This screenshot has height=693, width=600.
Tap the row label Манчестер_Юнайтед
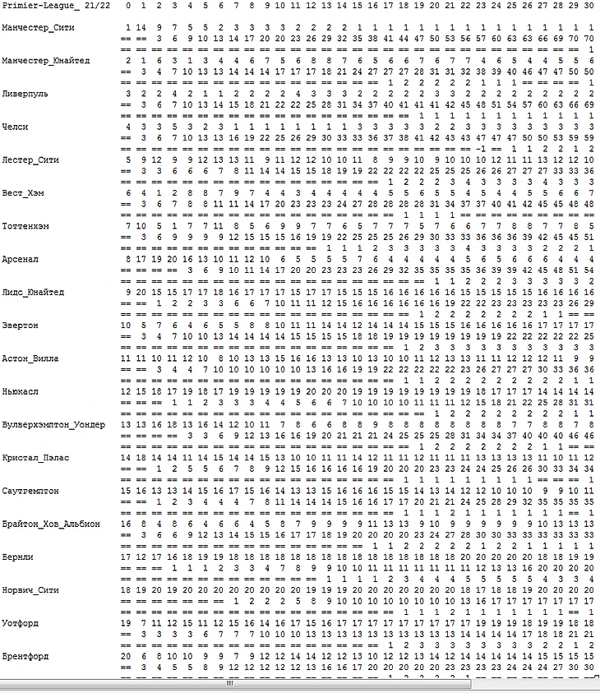coord(46,61)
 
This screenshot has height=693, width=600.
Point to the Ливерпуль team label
coord(25,94)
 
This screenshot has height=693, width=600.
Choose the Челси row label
coord(16,127)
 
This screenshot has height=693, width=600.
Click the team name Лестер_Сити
coord(30,160)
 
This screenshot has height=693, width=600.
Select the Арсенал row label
coord(21,259)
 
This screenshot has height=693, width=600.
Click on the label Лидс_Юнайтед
coord(33,293)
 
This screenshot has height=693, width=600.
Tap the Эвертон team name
coord(20,326)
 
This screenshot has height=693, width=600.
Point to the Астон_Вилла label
coord(30,358)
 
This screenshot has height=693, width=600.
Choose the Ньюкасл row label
coord(21,392)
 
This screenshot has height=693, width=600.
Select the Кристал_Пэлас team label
coord(35,458)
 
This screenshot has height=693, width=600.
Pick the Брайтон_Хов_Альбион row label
coord(52,524)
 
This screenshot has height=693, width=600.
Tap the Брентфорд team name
coord(25,656)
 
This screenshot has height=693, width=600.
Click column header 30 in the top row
coord(588,6)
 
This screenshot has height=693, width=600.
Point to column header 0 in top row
coord(127,6)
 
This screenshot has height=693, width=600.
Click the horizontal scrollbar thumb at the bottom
coord(231,684)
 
